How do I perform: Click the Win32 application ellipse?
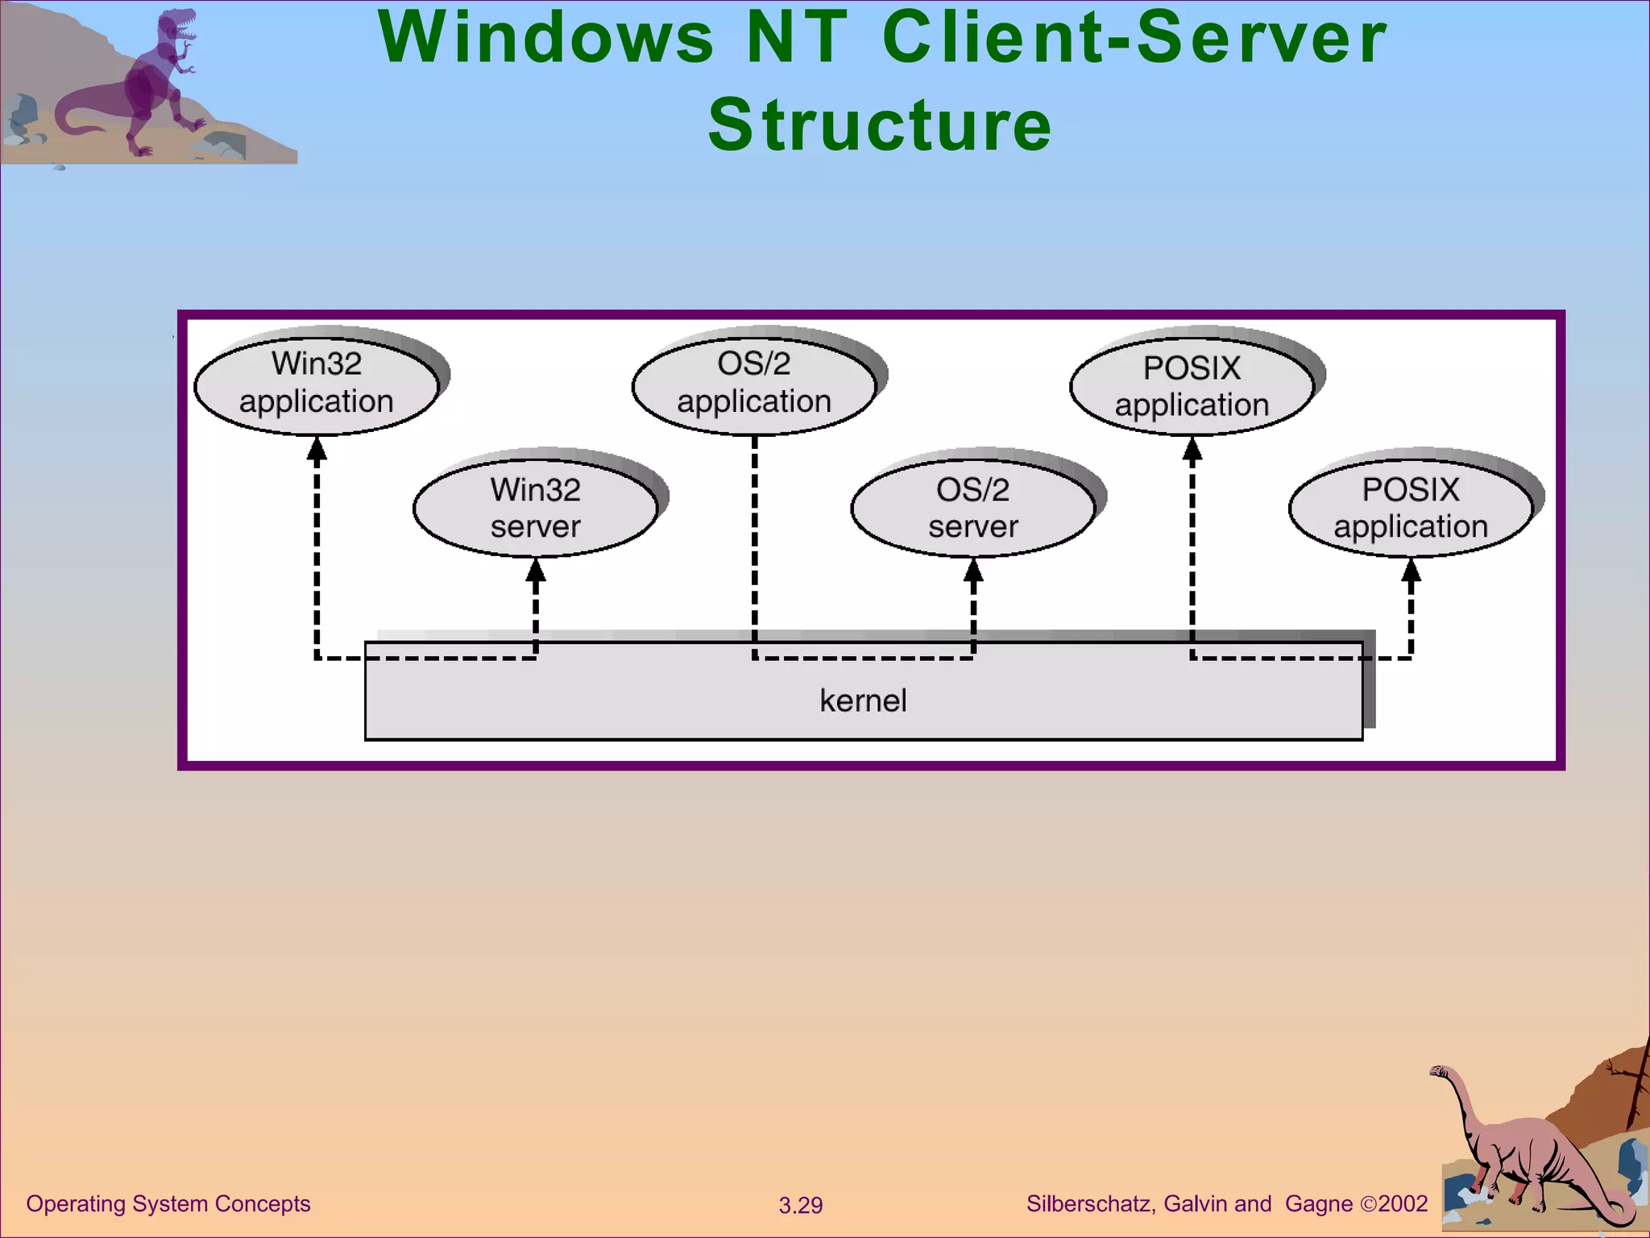[x=317, y=383]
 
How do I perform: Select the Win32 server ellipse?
[x=536, y=508]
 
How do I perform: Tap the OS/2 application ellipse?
[x=754, y=383]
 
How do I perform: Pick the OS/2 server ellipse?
[x=973, y=508]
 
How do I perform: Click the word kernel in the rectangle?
[x=863, y=700]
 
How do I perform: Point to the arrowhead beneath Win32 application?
[x=317, y=448]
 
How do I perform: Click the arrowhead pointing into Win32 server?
[x=536, y=571]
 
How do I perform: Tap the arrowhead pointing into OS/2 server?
[x=973, y=571]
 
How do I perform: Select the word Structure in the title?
[x=880, y=125]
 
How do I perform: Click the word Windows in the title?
[x=546, y=38]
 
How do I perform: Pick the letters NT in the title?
[x=797, y=38]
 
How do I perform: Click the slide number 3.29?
[x=800, y=1205]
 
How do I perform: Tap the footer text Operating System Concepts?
[x=168, y=1203]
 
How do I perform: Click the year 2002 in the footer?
[x=1403, y=1203]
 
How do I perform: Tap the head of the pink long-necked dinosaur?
[x=1440, y=1072]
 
